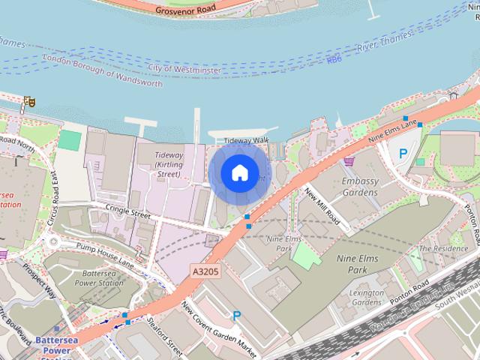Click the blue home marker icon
click(239, 172)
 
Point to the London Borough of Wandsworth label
click(103, 70)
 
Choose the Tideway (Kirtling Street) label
click(168, 164)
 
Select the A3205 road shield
click(205, 271)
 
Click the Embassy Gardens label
click(358, 187)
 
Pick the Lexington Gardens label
click(367, 297)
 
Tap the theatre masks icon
click(29, 100)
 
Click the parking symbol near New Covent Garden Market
click(237, 316)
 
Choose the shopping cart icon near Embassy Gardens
click(349, 160)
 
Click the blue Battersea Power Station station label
click(59, 344)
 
